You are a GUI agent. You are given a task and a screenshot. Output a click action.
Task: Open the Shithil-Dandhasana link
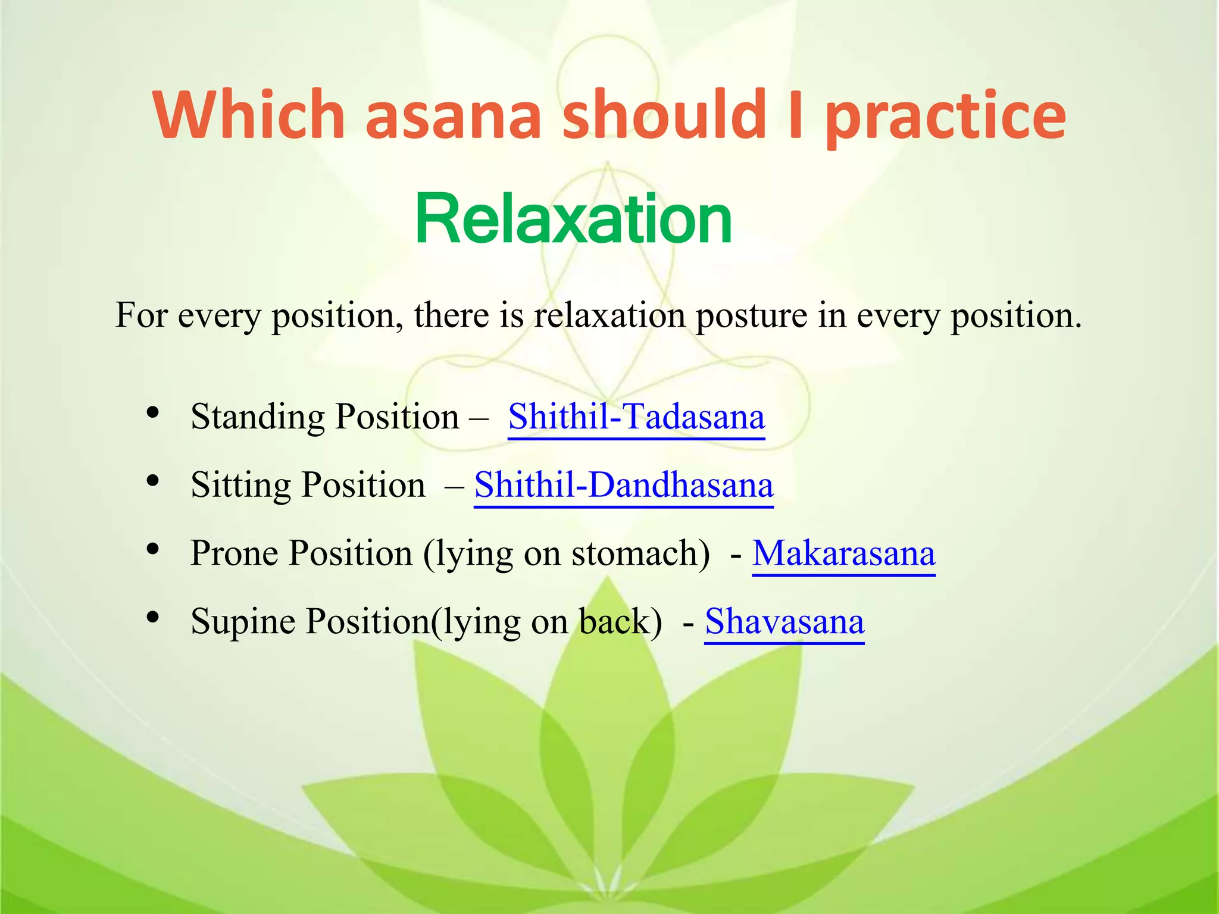point(623,485)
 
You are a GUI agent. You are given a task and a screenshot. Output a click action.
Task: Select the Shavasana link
point(784,622)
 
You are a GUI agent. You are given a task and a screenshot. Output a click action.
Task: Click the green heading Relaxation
point(573,220)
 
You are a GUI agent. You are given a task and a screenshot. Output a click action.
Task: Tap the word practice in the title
point(945,116)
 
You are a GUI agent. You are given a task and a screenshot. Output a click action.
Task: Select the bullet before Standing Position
point(153,412)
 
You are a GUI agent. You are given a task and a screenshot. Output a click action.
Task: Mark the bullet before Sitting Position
point(153,480)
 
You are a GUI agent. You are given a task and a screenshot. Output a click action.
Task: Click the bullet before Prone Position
point(153,549)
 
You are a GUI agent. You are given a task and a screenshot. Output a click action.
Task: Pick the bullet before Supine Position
point(153,617)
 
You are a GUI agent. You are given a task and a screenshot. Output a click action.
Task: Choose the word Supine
point(243,623)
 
